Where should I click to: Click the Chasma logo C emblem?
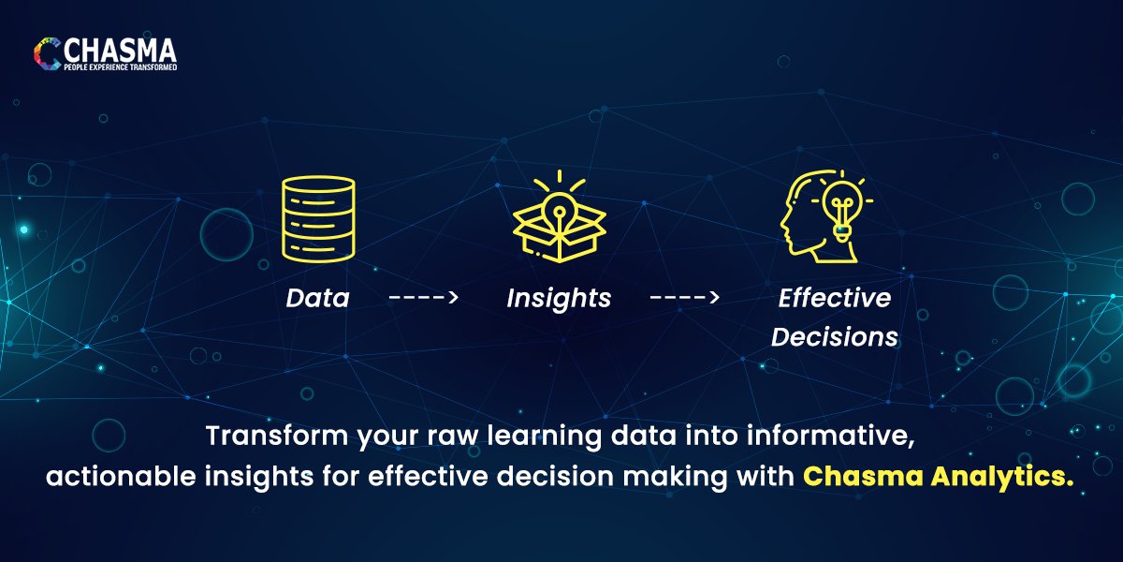47,54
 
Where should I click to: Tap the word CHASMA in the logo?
120,49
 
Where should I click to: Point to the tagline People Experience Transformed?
120,68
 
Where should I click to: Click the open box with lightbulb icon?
559,225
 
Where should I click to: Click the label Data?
317,299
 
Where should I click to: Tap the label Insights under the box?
559,299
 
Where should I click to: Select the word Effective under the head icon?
835,298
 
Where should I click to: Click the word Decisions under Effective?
835,336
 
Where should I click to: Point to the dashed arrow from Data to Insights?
423,299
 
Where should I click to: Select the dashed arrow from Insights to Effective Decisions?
684,299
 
